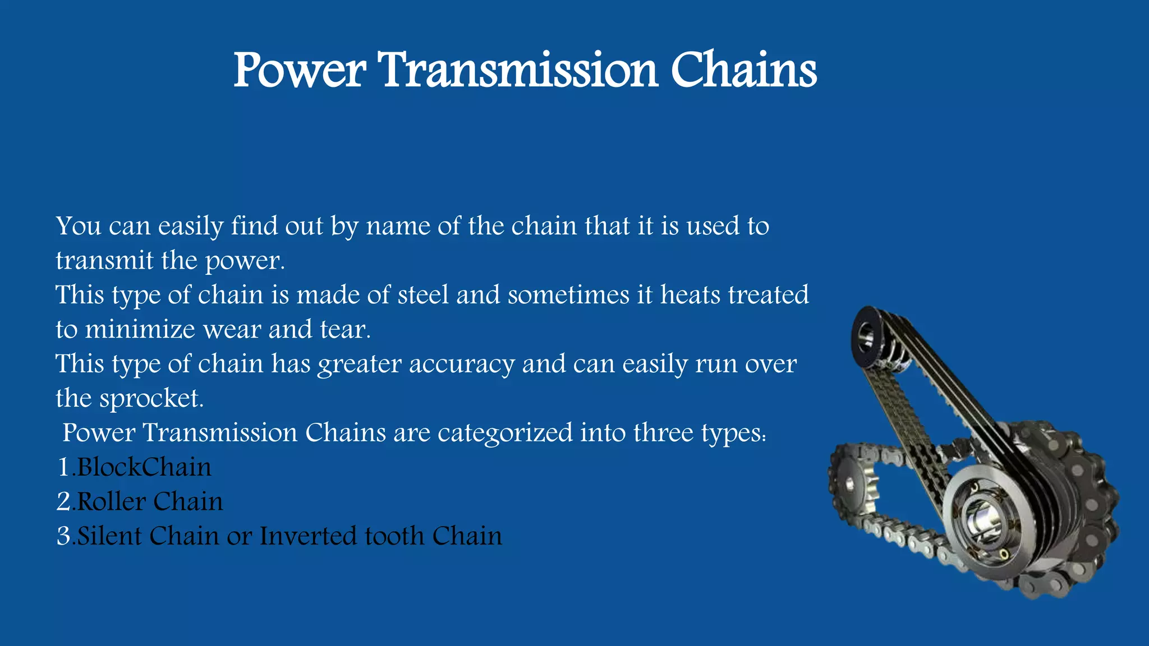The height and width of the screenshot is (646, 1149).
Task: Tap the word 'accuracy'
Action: tap(461, 364)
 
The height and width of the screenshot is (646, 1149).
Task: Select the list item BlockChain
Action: tap(144, 467)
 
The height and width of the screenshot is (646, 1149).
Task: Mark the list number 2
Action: tap(63, 501)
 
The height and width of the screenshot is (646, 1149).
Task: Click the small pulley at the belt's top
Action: tap(867, 336)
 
